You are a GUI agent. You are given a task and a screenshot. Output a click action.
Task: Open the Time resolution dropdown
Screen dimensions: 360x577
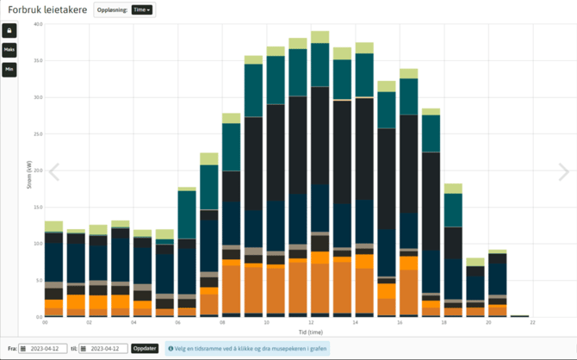point(141,9)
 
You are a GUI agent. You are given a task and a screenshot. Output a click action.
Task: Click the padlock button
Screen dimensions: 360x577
point(9,30)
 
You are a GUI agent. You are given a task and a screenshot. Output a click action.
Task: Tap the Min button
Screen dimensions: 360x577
point(9,69)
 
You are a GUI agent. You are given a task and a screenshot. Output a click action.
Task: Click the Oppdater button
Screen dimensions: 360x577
point(145,348)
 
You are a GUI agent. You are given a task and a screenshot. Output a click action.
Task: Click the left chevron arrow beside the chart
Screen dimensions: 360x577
point(54,172)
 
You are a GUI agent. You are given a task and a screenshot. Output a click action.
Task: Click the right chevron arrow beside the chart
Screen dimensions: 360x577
point(563,172)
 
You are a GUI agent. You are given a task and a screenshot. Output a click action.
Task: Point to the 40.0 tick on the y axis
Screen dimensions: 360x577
point(38,24)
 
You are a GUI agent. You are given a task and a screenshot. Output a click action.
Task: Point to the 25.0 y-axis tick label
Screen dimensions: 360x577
point(38,133)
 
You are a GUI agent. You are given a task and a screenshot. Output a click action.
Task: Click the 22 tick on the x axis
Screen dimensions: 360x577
point(533,322)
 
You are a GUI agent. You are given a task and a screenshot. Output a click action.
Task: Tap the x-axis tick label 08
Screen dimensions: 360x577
point(222,322)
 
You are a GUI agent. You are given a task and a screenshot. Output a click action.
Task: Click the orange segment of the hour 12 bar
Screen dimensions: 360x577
point(320,284)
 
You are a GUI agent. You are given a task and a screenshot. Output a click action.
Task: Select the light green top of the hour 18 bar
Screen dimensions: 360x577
point(453,189)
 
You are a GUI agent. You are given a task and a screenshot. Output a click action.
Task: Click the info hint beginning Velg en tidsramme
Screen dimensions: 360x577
point(246,348)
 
